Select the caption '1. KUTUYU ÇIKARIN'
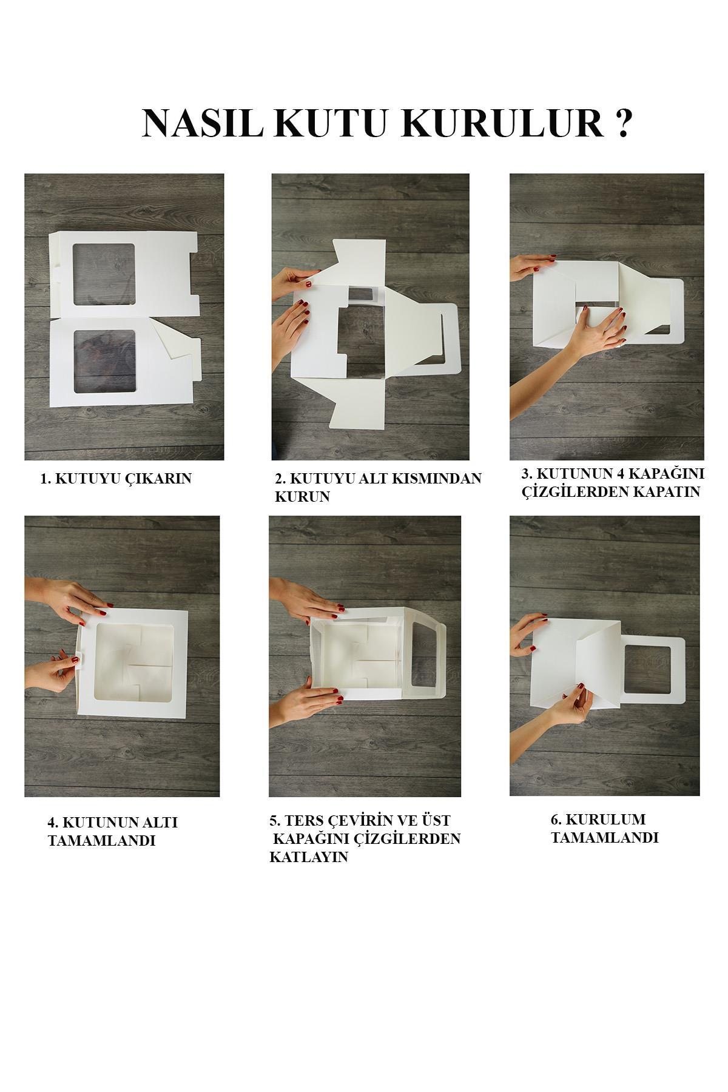116,479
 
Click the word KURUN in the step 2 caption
302,496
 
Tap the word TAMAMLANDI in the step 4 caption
101,841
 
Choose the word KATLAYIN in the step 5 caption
309,857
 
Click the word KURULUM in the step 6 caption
598,820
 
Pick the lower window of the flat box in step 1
103,361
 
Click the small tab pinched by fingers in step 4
78,659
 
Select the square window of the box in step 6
647,673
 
